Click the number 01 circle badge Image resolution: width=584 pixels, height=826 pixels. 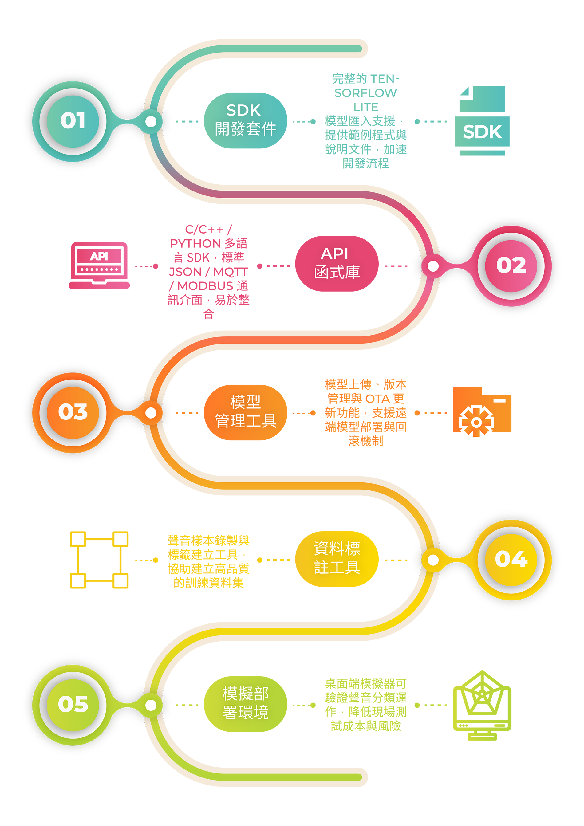[73, 121]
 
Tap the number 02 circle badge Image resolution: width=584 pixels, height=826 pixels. [511, 265]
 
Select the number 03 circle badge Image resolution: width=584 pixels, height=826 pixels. [73, 412]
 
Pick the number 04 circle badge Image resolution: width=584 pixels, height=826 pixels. [511, 559]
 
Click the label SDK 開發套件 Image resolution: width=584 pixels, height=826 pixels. [245, 120]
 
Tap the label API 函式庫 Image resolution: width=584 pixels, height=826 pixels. [337, 263]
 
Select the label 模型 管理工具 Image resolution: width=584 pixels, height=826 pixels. [245, 411]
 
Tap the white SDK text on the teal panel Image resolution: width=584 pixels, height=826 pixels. [482, 132]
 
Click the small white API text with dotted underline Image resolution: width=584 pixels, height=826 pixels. [99, 256]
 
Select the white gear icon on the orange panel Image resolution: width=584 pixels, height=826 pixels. [476, 422]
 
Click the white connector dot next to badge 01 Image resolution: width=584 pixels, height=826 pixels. [151, 121]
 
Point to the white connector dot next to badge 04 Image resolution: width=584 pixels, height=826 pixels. [433, 560]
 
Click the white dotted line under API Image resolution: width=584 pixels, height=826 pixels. [99, 269]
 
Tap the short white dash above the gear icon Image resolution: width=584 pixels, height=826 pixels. [499, 400]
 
